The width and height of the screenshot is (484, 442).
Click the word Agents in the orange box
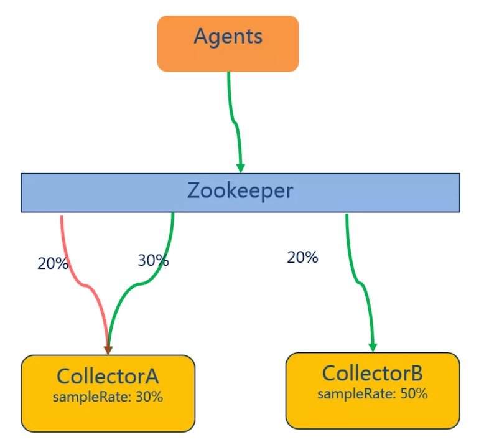(x=228, y=36)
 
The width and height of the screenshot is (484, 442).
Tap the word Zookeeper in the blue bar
(x=240, y=191)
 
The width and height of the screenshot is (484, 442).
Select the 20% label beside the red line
(x=53, y=263)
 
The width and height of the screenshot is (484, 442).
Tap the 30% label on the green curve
(x=153, y=260)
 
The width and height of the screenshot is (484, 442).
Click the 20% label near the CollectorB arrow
(x=302, y=256)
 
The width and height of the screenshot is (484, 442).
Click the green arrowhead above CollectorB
(x=373, y=346)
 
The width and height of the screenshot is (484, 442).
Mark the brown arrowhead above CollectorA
(x=108, y=350)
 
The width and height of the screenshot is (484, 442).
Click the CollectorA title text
(x=108, y=376)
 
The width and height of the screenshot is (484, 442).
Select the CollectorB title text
(x=373, y=374)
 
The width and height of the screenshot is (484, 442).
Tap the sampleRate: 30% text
(x=108, y=397)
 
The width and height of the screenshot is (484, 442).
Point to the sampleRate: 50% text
(x=373, y=393)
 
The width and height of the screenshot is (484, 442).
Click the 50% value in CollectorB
(x=414, y=393)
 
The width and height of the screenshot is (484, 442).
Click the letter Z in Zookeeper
(x=194, y=191)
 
